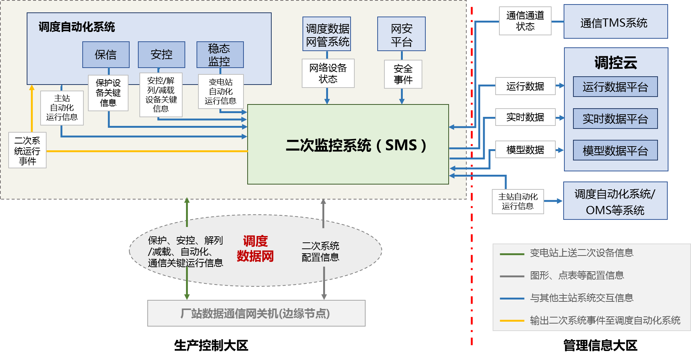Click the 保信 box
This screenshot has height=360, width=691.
[x=106, y=54]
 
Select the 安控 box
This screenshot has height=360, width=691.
[x=161, y=54]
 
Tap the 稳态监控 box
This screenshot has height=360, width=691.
[x=220, y=54]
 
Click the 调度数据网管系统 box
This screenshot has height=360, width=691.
[x=327, y=34]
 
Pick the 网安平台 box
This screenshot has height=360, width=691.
[x=401, y=34]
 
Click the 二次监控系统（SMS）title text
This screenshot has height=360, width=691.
[x=355, y=145]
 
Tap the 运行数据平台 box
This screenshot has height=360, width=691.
[x=615, y=87]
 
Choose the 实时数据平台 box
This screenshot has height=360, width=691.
[x=615, y=119]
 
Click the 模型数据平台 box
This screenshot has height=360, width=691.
[x=615, y=150]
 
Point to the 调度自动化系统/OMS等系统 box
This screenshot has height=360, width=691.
[x=615, y=201]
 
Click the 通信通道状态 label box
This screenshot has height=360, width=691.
[x=525, y=21]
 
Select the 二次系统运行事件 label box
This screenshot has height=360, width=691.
[x=27, y=150]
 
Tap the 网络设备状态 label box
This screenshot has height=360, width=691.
[x=328, y=73]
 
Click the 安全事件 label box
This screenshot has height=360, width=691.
[x=403, y=74]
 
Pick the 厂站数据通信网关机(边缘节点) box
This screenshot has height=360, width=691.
[x=256, y=313]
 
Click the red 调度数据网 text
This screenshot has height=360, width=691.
[x=255, y=248]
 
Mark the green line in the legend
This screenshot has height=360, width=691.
[x=512, y=254]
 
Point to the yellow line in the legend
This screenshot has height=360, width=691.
[x=512, y=321]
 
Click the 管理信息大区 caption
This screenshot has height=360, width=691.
[x=600, y=345]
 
